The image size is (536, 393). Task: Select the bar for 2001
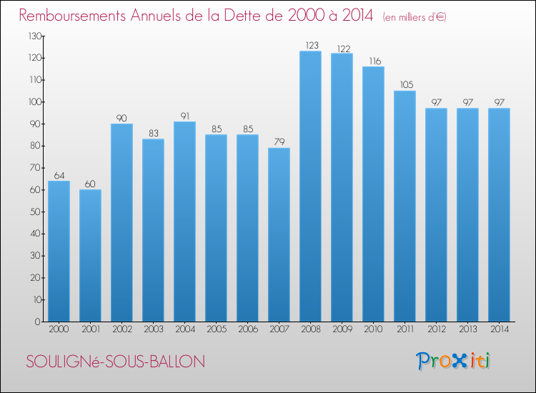(x=90, y=255)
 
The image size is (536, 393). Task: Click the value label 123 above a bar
(x=310, y=46)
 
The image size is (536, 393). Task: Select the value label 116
(x=373, y=61)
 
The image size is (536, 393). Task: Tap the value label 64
(x=59, y=176)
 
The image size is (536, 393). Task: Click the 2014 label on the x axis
(x=499, y=329)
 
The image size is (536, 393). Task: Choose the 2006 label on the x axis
(x=247, y=329)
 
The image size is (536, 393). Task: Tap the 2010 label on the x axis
(x=373, y=329)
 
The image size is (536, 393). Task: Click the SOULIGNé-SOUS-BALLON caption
(x=115, y=362)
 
